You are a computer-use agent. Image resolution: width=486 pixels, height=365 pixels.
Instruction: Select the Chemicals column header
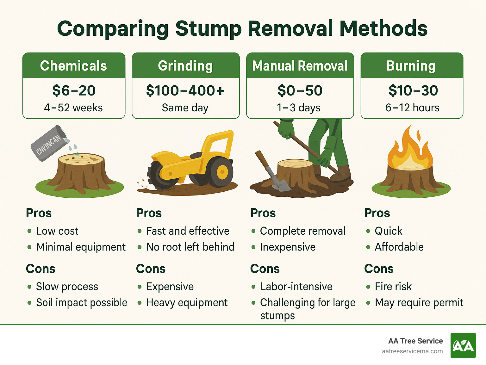tap(73, 66)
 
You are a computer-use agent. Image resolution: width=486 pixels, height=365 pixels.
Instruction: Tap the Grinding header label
tap(185, 66)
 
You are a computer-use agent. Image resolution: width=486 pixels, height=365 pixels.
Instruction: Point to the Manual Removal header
tap(300, 66)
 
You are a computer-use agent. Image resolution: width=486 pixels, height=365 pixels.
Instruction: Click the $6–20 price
tap(74, 91)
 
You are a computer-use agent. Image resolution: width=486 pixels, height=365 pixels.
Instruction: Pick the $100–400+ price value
tap(185, 91)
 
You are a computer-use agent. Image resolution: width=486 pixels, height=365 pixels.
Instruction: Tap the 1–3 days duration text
tap(299, 108)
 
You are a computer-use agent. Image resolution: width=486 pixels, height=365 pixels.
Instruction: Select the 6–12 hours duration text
tap(412, 108)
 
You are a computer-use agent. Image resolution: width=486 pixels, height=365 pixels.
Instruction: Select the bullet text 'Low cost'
tap(57, 231)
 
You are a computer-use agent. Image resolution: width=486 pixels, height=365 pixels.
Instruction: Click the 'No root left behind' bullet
tap(190, 247)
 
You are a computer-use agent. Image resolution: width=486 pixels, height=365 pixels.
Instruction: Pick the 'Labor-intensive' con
tap(296, 287)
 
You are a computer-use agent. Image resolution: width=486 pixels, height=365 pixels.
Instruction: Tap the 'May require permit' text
tap(419, 303)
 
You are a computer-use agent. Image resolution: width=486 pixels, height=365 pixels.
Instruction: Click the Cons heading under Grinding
tap(151, 269)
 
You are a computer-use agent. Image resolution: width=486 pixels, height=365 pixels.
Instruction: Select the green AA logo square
tap(463, 345)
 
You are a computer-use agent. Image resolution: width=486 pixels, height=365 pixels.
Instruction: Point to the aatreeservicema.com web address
tap(412, 351)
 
